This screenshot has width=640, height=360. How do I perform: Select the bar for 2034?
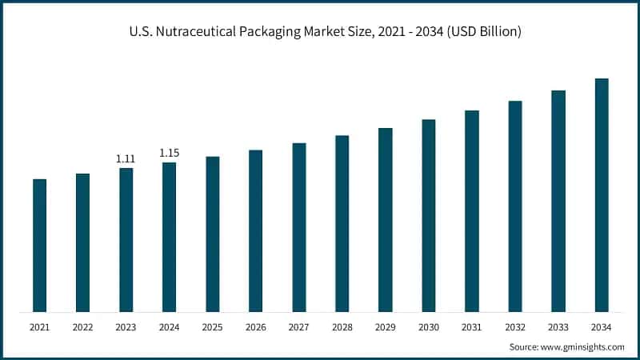point(602,195)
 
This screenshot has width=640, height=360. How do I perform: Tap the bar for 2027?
point(299,227)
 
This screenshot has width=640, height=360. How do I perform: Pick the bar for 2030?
point(429,215)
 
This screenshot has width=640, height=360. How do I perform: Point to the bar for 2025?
point(212,234)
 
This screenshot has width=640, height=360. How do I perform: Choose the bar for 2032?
point(515,206)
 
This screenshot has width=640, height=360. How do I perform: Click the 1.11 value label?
point(126,159)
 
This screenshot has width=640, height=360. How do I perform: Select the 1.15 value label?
point(169,153)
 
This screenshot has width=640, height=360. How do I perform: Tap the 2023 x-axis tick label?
point(126,326)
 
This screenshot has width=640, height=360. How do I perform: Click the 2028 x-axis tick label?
point(342,326)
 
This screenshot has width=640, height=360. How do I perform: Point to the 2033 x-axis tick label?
point(558,326)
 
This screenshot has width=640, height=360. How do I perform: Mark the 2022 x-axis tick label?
point(82,326)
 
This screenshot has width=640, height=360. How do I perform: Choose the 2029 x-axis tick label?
point(386,326)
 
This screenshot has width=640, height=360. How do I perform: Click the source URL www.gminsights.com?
point(583,346)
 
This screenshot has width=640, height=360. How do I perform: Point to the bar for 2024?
point(169,237)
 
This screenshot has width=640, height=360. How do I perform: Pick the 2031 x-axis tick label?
point(472,326)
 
